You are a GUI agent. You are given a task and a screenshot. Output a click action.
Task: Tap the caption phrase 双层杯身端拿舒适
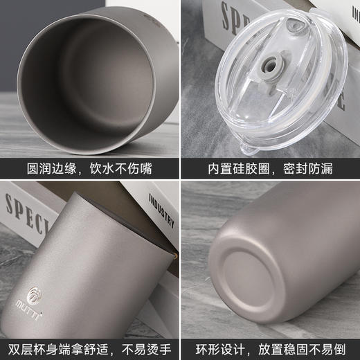(58, 348)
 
